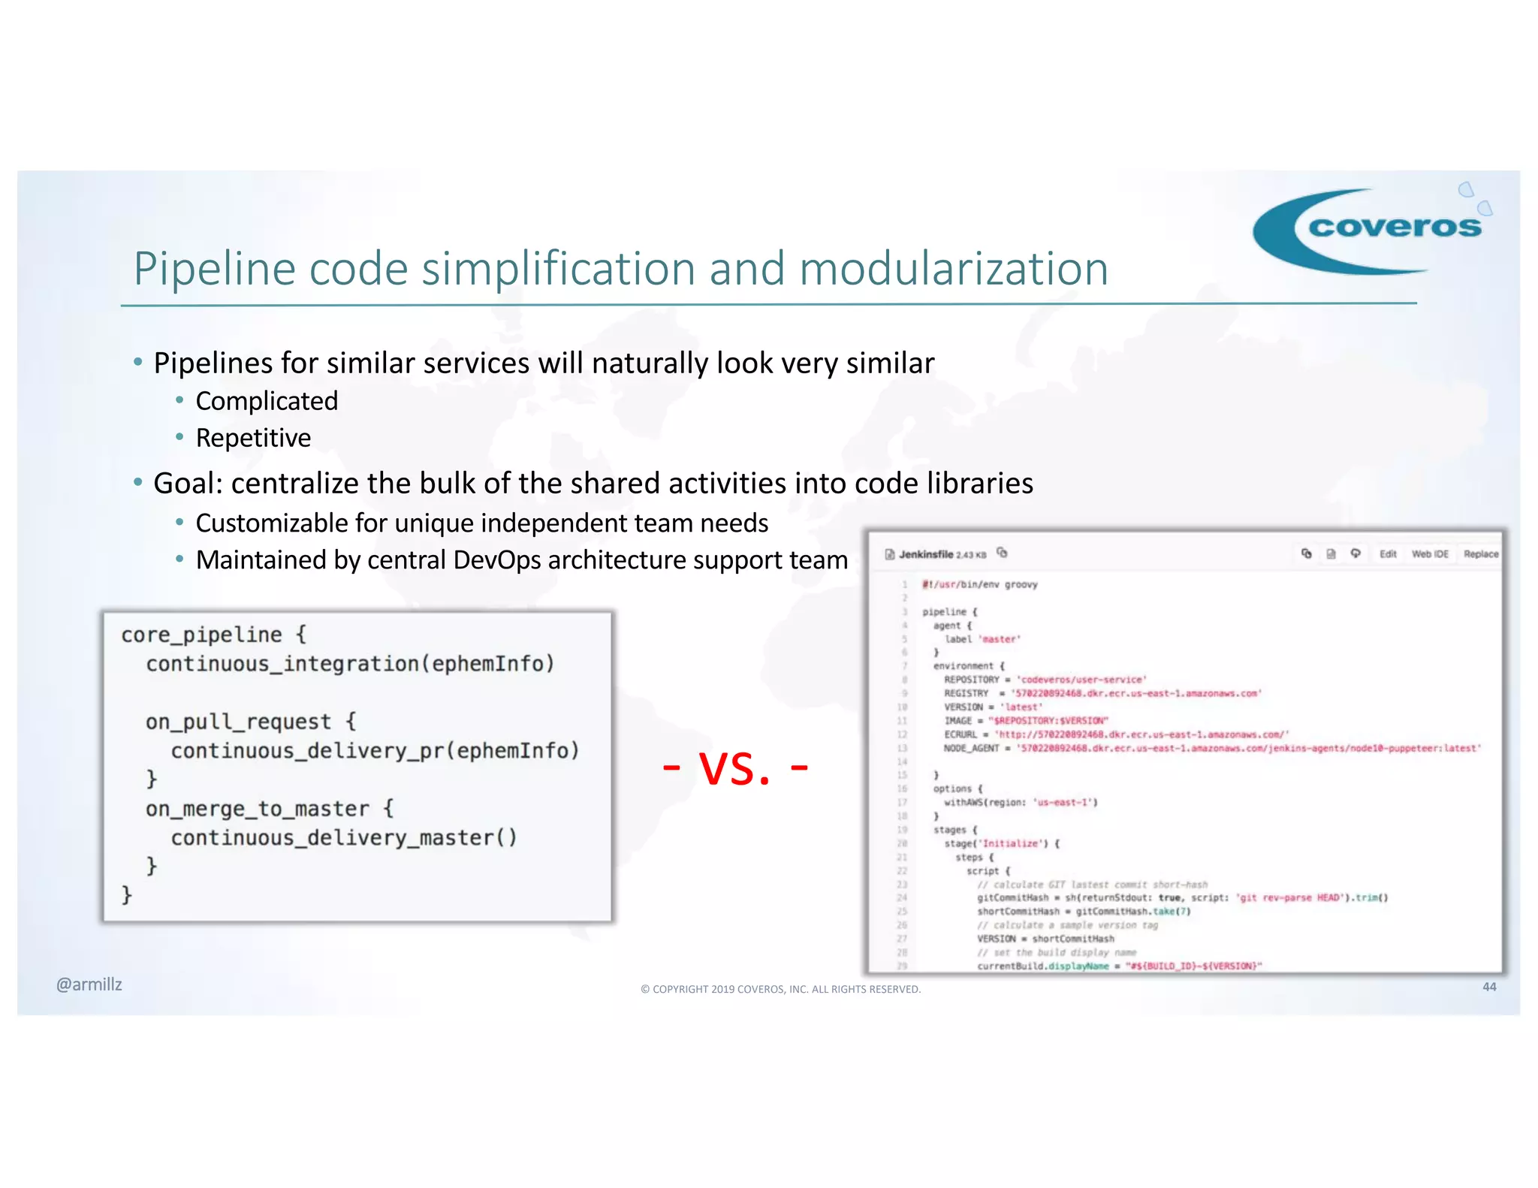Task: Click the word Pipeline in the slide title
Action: (x=214, y=269)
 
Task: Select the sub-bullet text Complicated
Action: (x=267, y=401)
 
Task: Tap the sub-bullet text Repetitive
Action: (x=253, y=438)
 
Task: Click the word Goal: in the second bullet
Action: (x=188, y=484)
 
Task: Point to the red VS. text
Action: (x=735, y=768)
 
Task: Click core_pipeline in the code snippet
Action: (x=201, y=635)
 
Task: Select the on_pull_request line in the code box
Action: (x=239, y=722)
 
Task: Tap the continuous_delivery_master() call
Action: (x=344, y=838)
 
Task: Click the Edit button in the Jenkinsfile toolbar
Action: (x=1388, y=554)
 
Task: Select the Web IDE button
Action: (x=1430, y=554)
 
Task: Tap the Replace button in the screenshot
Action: (x=1481, y=554)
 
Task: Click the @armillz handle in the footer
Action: (x=89, y=984)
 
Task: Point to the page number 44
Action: (x=1489, y=987)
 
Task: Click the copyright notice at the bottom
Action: (x=780, y=989)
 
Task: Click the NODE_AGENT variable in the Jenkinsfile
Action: (x=971, y=749)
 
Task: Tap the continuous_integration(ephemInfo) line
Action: (x=350, y=665)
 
